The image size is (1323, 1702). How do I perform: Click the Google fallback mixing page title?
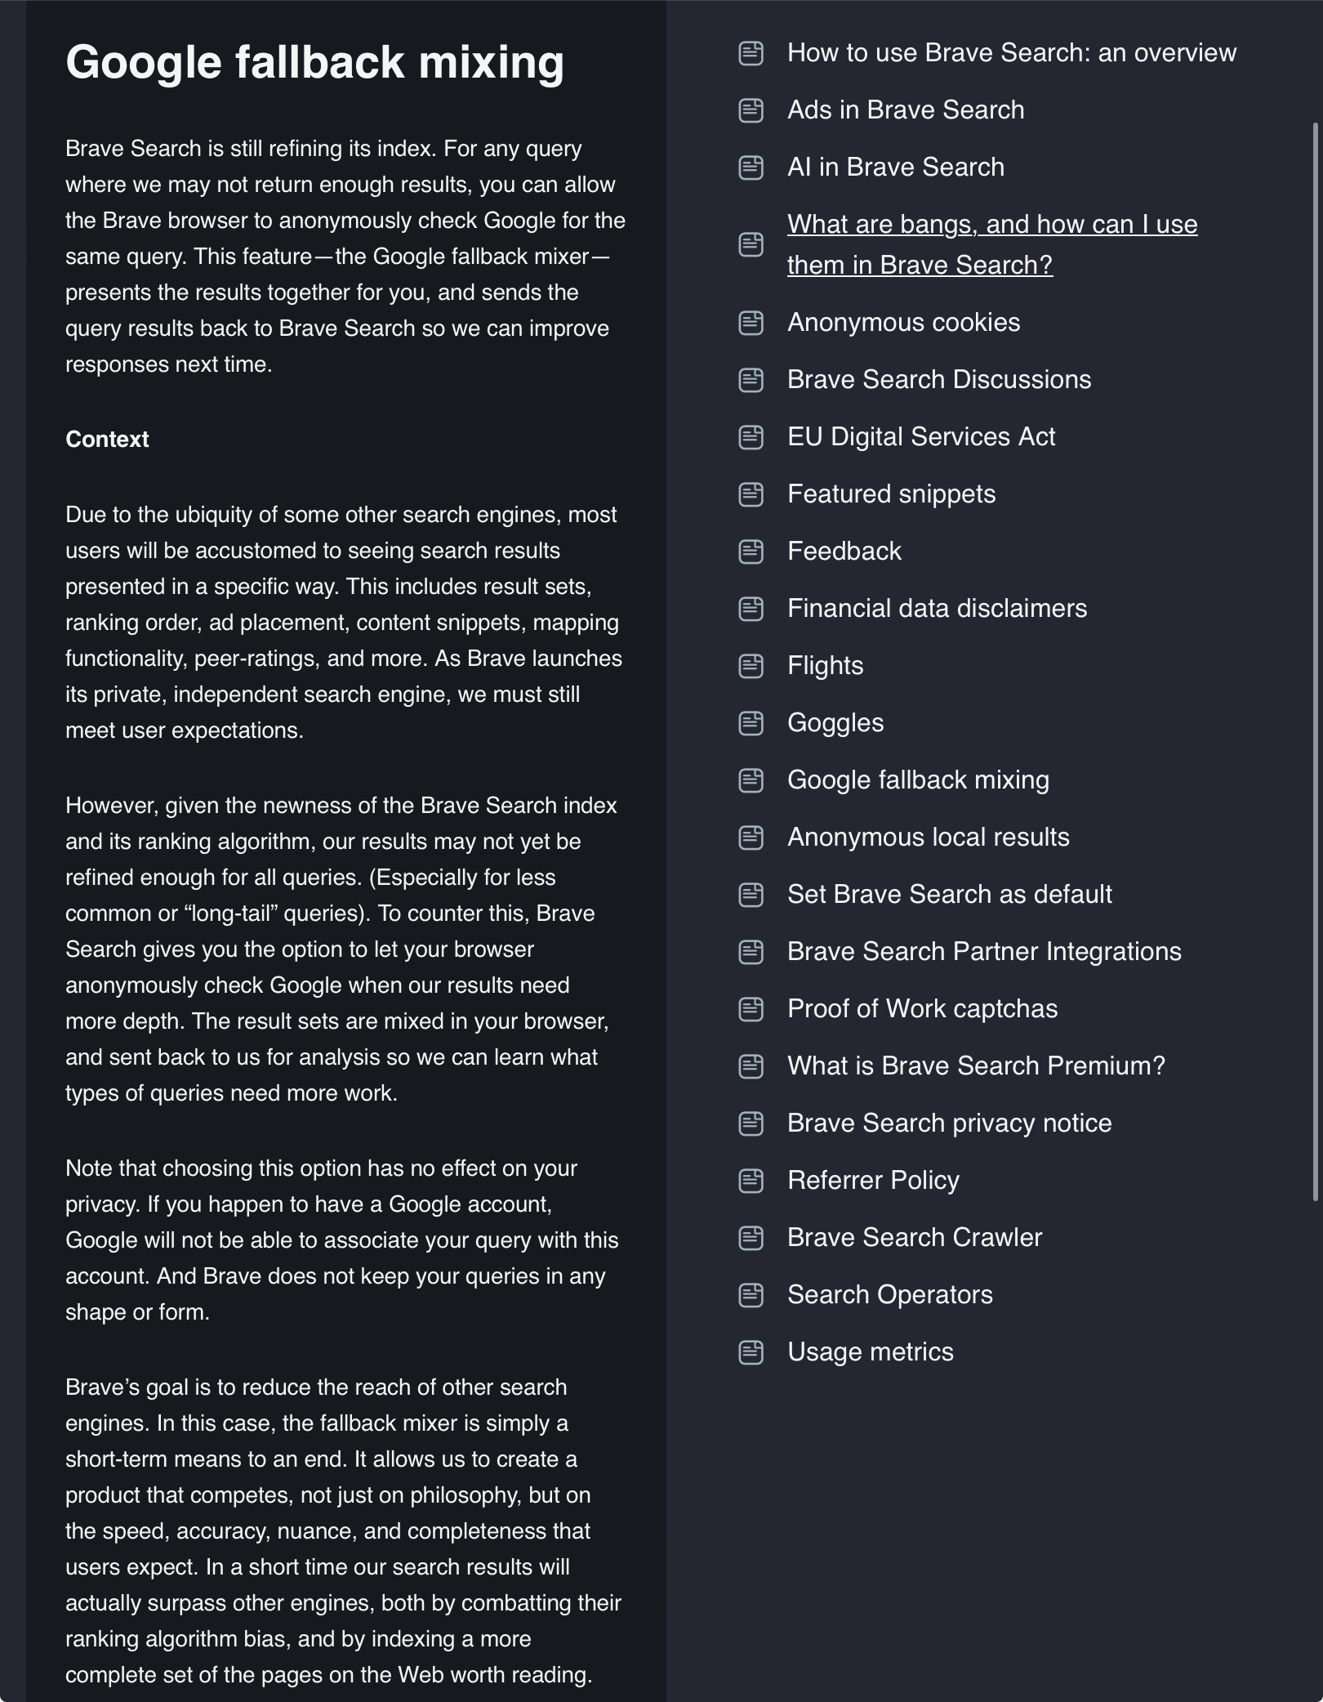click(314, 62)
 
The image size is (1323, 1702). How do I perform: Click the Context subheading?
click(107, 440)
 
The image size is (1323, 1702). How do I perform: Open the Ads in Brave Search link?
click(905, 110)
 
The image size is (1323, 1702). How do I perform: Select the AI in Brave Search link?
click(895, 168)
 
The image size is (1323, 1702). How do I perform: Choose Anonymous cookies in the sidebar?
click(903, 323)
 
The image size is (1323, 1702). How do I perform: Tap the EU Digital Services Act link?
click(920, 437)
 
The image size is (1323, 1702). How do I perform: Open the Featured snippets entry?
click(891, 494)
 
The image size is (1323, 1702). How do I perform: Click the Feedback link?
click(844, 552)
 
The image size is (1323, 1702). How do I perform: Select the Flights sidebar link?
click(825, 666)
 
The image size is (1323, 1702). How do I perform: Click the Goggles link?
click(835, 723)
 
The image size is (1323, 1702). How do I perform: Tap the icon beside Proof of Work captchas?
click(751, 1009)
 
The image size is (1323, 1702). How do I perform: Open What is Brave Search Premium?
click(976, 1066)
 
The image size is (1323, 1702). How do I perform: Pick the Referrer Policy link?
click(873, 1181)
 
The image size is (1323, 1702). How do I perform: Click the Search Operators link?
click(889, 1295)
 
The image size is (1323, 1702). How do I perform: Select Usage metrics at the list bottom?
click(870, 1352)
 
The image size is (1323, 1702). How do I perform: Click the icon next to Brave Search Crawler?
click(751, 1238)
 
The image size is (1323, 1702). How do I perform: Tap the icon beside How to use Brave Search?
click(751, 53)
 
